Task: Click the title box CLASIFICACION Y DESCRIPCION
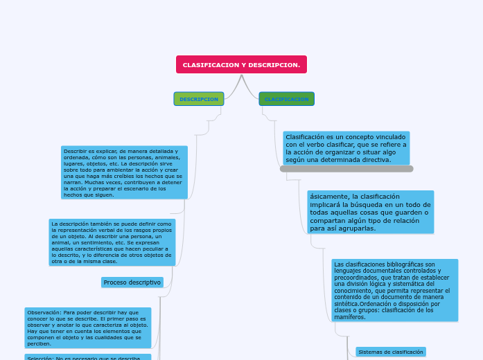coord(241,64)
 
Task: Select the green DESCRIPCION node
coord(199,99)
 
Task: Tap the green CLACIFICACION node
coord(286,99)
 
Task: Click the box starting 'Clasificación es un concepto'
coord(346,148)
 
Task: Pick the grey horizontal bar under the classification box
coord(346,169)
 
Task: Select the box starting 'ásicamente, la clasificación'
coord(370,212)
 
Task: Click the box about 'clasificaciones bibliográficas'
coord(394,291)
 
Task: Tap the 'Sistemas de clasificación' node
coord(390,352)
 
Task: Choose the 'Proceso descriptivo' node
coord(132,282)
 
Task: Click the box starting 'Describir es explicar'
coord(123,172)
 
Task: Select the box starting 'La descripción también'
coord(112,242)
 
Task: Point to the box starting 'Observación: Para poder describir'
coord(87,327)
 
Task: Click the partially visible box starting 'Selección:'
coord(83,357)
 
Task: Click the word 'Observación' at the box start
coord(44,312)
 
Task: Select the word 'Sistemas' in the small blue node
coord(369,352)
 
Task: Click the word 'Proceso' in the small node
coord(115,282)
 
